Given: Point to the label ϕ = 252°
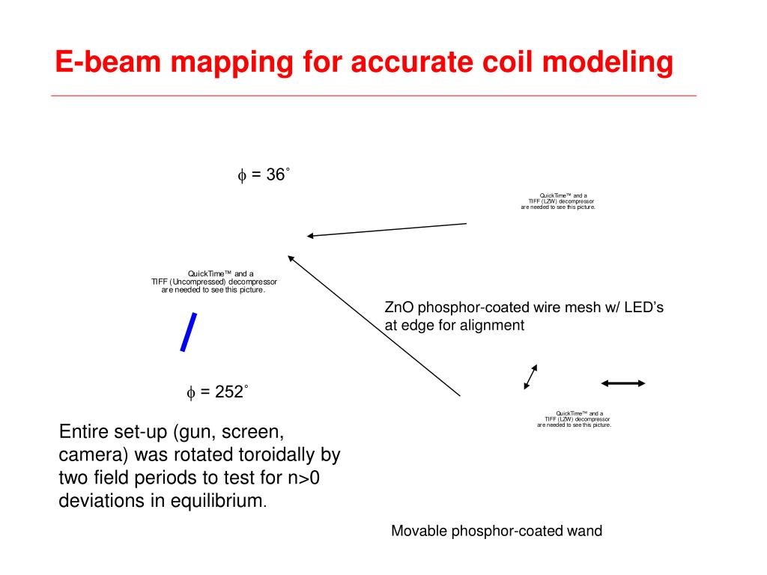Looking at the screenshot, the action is pyautogui.click(x=217, y=392).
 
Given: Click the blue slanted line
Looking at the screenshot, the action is pyautogui.click(x=189, y=332).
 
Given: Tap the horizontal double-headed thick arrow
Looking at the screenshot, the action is pyautogui.click(x=622, y=383).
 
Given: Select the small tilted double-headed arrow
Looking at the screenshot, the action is pyautogui.click(x=530, y=377).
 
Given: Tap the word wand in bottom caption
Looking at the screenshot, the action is pyautogui.click(x=586, y=532).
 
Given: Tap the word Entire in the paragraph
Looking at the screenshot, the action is pyautogui.click(x=81, y=433).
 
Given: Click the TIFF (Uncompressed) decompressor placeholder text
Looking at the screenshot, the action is pyautogui.click(x=215, y=282).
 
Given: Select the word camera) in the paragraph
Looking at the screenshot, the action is pyautogui.click(x=88, y=455).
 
